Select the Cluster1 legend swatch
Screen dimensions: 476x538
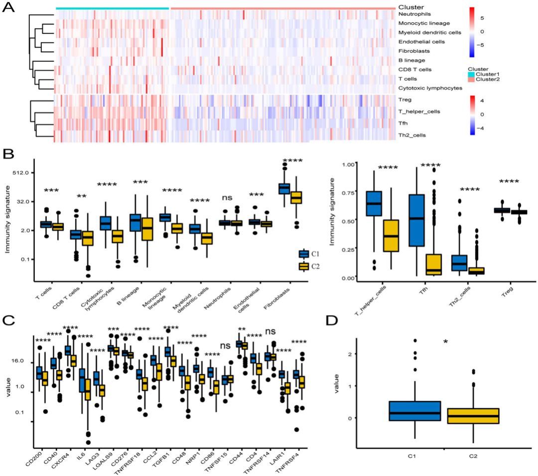pyautogui.click(x=471, y=74)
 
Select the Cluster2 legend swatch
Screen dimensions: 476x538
pyautogui.click(x=471, y=80)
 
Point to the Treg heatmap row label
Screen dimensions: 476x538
pyautogui.click(x=405, y=100)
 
